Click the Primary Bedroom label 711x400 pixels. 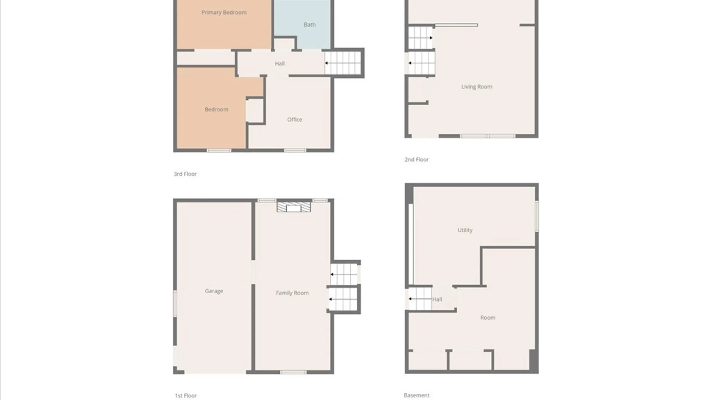224,13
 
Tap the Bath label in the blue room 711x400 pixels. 310,25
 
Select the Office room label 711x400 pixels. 294,120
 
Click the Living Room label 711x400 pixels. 476,87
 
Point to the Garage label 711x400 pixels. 214,291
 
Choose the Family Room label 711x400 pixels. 292,293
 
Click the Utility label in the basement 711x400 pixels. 465,230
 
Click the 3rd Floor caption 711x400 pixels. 185,174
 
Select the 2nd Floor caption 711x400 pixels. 416,160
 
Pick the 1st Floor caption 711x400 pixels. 186,396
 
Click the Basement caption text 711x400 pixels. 416,395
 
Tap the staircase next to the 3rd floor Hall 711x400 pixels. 343,63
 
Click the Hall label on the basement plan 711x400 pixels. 437,299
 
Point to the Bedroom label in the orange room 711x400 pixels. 216,110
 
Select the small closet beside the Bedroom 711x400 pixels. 255,110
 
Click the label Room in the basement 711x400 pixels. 487,318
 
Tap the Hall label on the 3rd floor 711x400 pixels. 280,64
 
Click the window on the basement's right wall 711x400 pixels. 537,216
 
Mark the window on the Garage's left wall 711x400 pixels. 175,303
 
